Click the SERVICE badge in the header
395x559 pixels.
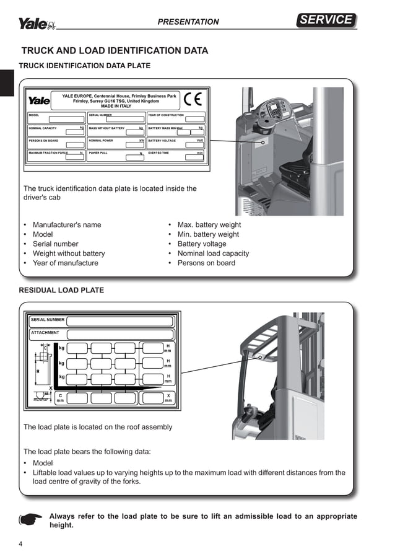tap(326, 20)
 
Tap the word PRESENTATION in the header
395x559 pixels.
tap(188, 22)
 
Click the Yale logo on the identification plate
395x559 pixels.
tap(39, 100)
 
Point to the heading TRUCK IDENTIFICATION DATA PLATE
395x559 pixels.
tap(85, 66)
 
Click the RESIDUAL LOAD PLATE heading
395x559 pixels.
tap(61, 290)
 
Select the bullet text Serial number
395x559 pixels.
tap(56, 244)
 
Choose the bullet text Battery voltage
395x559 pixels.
tap(202, 244)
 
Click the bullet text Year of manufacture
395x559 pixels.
tap(65, 263)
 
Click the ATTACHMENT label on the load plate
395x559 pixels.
tap(45, 333)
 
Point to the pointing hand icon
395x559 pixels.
tap(30, 519)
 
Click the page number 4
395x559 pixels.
tap(21, 545)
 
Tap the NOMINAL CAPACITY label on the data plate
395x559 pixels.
tap(43, 128)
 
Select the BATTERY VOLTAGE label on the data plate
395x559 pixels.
tap(162, 141)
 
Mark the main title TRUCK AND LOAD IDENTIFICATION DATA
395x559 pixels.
tap(115, 51)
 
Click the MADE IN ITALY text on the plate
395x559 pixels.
tap(116, 106)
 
